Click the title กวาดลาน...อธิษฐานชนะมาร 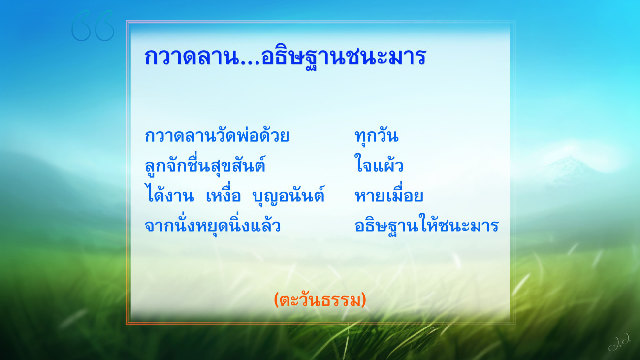click(285, 57)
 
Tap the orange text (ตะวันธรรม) click(320, 300)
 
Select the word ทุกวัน click(377, 136)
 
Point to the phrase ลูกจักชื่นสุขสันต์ click(205, 165)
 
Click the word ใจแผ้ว click(379, 164)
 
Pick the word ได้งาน click(169, 195)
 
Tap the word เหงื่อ click(224, 195)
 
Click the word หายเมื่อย click(389, 195)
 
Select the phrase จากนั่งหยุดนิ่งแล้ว click(213, 226)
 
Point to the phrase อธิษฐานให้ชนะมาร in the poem click(426, 226)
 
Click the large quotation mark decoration click(93, 26)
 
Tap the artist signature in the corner click(619, 345)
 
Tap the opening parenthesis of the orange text click(276, 300)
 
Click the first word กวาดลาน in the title click(192, 57)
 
